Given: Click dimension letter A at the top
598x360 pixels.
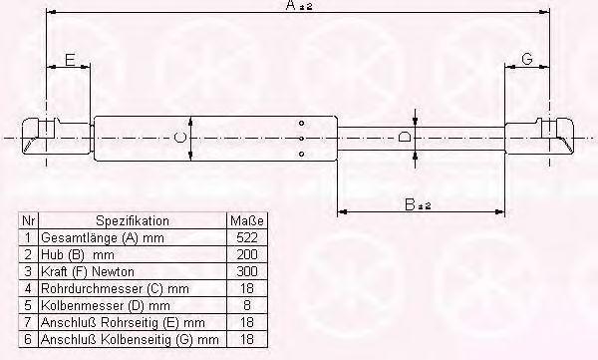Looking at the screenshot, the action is tap(291, 5).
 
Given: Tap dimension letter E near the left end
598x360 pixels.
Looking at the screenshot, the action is tap(70, 60).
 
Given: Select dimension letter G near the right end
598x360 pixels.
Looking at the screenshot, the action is tap(526, 59).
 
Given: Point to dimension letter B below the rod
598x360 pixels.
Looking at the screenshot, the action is tap(410, 204).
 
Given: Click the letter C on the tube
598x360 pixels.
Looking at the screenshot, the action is tap(179, 138).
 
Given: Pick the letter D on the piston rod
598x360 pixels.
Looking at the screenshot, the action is tap(405, 137).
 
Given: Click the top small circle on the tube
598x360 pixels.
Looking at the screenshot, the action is tap(302, 123).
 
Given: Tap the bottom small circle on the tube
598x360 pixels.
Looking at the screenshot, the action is tap(302, 154).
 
